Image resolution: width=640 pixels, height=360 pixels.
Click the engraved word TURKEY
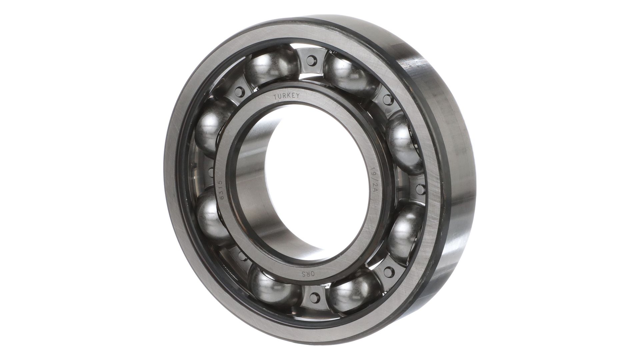[287, 96]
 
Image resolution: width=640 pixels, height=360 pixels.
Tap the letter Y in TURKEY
[298, 96]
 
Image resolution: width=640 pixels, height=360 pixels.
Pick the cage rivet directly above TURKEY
[311, 61]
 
